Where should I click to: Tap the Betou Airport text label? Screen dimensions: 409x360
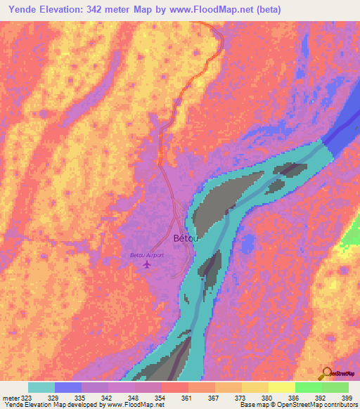(147, 255)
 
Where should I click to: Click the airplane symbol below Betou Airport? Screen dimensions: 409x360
(147, 265)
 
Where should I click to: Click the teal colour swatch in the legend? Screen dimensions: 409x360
(41, 387)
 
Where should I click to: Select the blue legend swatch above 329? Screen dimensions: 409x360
(68, 387)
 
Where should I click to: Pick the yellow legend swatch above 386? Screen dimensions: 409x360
(282, 387)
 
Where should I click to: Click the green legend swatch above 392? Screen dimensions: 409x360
(309, 387)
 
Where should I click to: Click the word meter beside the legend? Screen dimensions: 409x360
(12, 397)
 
